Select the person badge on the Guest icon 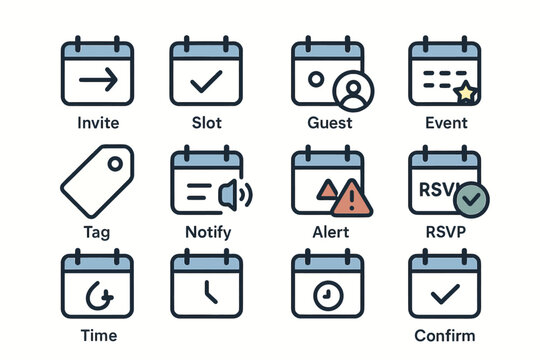point(352,91)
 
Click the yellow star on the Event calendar point(465,93)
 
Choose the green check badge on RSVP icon point(471,201)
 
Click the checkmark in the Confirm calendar point(444,294)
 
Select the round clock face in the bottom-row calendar point(326,296)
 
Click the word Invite point(97,123)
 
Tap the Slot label point(207,123)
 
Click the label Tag point(97,232)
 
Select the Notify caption point(207,232)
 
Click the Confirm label point(444,335)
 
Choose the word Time point(97,335)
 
